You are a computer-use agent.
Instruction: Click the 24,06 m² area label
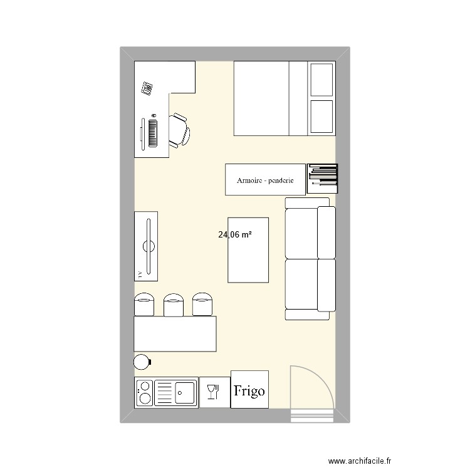tap(235, 236)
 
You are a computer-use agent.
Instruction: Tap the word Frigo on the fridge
tap(249, 390)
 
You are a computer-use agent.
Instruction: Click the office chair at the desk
tap(180, 130)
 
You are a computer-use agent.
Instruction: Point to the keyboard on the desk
tap(152, 132)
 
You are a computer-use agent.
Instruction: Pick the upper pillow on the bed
tap(321, 80)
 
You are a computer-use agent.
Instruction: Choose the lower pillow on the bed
tap(321, 117)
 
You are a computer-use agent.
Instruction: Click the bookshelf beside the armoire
tap(322, 179)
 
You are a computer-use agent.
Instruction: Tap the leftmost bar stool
tap(145, 305)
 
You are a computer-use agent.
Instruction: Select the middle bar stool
tap(174, 305)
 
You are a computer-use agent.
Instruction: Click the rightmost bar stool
tap(203, 305)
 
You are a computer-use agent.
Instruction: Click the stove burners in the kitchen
tap(144, 393)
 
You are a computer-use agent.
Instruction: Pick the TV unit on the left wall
tap(146, 246)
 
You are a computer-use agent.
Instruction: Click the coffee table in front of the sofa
tap(249, 250)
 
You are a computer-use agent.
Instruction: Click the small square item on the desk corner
tap(148, 88)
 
